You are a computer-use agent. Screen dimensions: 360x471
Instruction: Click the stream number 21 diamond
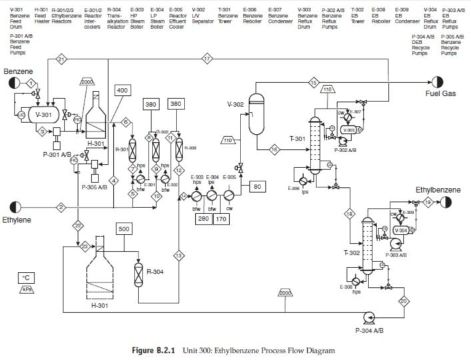(x=61, y=59)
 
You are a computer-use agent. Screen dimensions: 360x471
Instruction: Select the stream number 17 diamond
(x=207, y=59)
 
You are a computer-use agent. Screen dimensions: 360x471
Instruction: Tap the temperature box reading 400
(x=123, y=90)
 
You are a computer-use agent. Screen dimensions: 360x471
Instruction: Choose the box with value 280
(x=204, y=219)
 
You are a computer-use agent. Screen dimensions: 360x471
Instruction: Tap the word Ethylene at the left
(x=17, y=219)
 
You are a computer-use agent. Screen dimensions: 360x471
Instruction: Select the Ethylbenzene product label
(x=438, y=190)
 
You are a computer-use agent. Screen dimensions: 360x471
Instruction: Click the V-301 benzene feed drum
(x=43, y=115)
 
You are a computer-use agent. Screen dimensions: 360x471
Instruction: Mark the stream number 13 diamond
(x=178, y=255)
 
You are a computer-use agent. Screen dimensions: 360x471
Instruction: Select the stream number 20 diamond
(x=404, y=301)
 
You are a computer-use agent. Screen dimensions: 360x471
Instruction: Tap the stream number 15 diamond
(x=314, y=83)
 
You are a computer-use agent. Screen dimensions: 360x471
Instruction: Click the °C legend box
(x=27, y=277)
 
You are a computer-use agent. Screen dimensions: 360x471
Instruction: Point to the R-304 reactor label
(x=155, y=272)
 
